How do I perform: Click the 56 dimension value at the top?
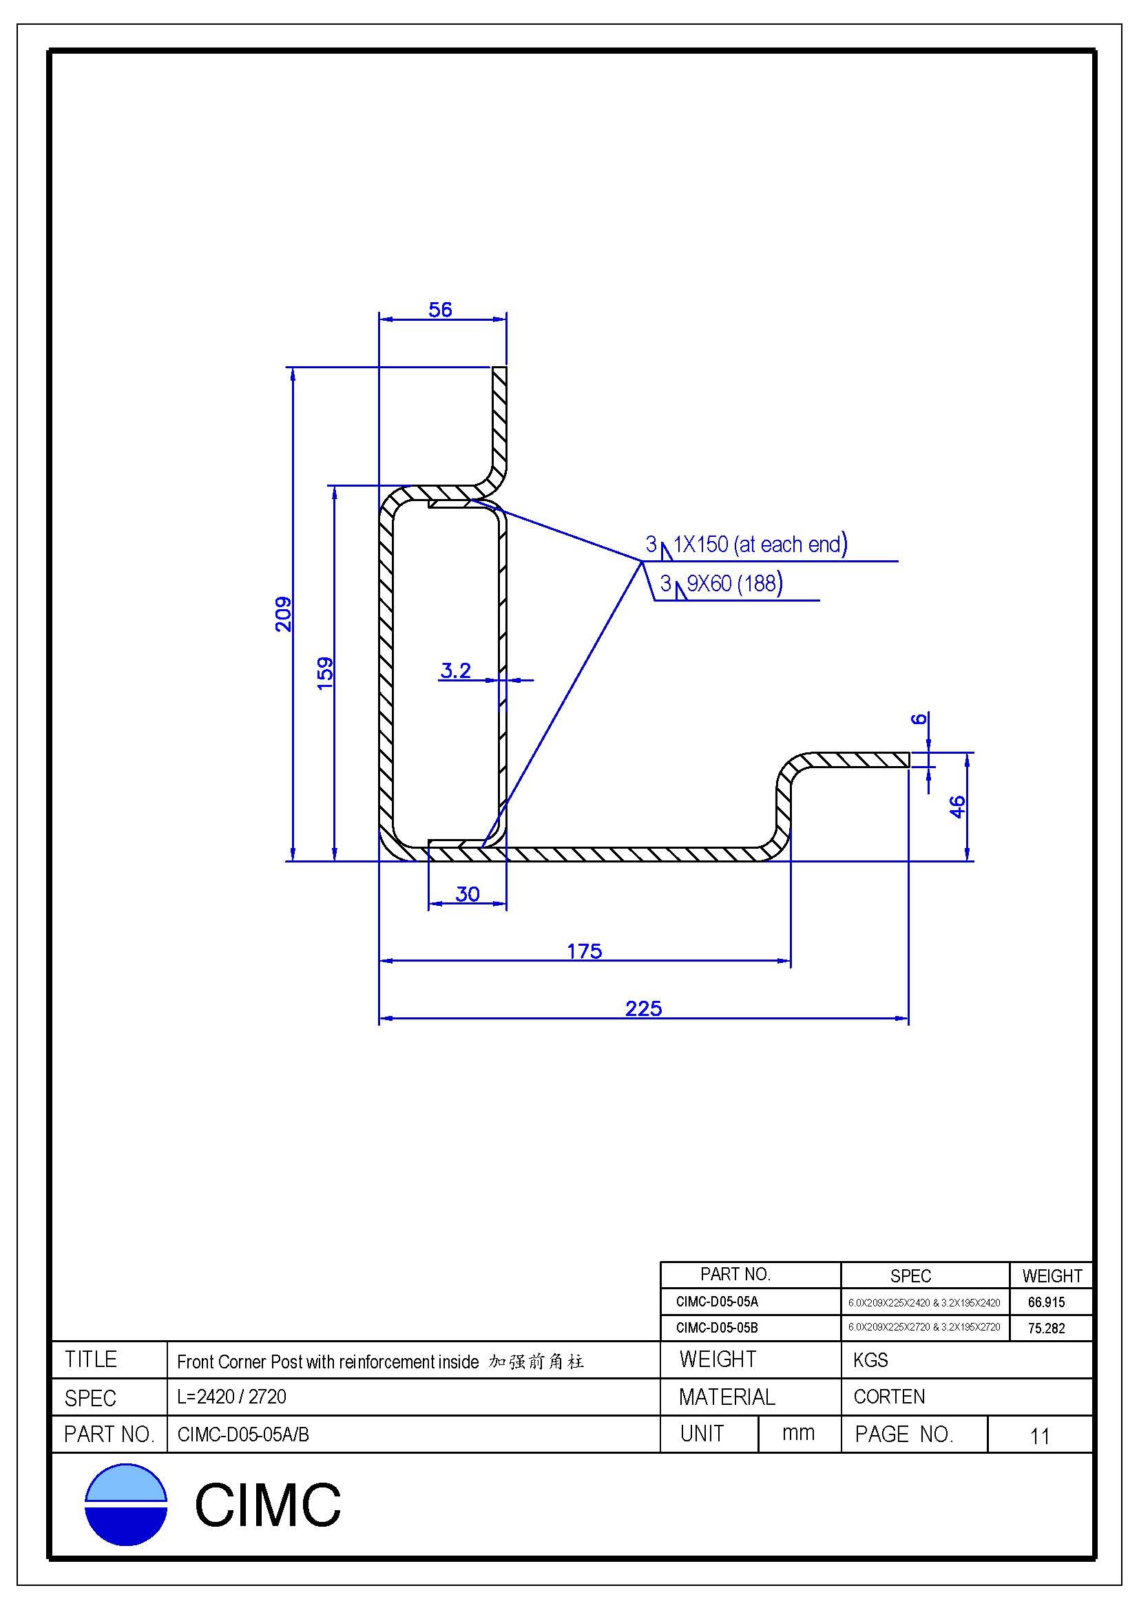(x=441, y=310)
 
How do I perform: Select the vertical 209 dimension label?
(x=283, y=613)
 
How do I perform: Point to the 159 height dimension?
(x=325, y=673)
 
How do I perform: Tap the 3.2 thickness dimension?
(x=455, y=671)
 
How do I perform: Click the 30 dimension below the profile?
(x=467, y=894)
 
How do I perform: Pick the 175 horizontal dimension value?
(x=584, y=951)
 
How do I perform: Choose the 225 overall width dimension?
(x=643, y=1008)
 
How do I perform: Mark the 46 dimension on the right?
(x=957, y=807)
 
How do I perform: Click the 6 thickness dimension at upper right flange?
(x=919, y=719)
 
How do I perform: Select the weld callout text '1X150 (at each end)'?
(x=760, y=544)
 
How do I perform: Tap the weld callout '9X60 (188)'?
(x=734, y=584)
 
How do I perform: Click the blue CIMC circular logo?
(x=126, y=1504)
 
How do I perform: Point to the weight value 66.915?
(x=1046, y=1303)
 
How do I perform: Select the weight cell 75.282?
(x=1046, y=1328)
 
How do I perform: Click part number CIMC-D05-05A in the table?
(x=717, y=1302)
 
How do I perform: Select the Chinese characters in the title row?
(x=536, y=1362)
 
